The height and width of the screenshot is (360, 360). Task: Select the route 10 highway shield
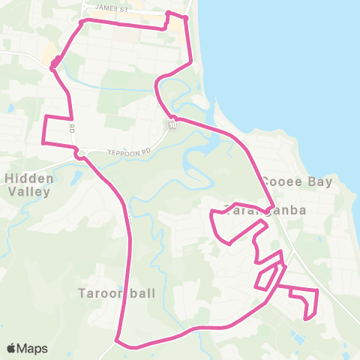[173, 125]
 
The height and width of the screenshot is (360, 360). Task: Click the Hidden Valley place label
[28, 184]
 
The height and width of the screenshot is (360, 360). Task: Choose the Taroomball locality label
[117, 293]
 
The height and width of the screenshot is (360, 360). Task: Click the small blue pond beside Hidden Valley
[77, 178]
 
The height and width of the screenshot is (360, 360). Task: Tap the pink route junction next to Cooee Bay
[273, 207]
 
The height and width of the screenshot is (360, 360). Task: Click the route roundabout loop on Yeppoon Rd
[78, 155]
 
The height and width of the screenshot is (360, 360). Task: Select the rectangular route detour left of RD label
[58, 130]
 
